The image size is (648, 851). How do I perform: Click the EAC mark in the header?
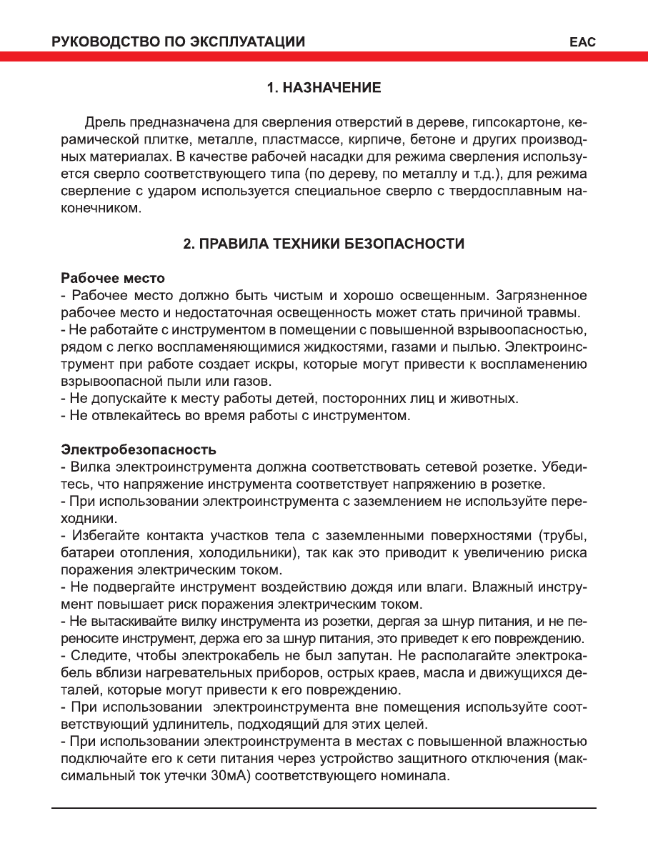(583, 41)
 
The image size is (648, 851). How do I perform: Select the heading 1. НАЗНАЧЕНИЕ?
(324, 88)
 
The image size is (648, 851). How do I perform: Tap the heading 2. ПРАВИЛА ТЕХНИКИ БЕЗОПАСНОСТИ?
(324, 244)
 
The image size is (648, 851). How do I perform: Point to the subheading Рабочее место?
(113, 278)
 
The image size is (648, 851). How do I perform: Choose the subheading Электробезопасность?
(139, 450)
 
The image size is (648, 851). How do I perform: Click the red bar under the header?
(324, 57)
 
